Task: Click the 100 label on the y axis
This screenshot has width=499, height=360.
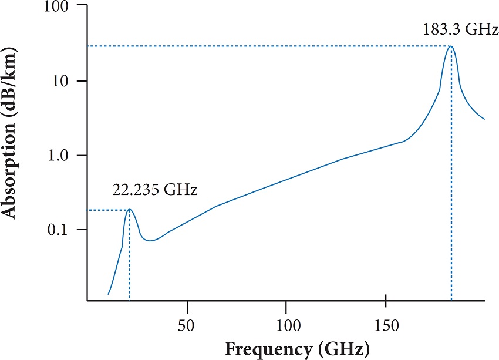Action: click(x=56, y=7)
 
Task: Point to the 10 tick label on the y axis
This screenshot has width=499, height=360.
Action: click(x=61, y=81)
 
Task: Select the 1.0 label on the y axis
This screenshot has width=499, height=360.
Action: click(x=58, y=156)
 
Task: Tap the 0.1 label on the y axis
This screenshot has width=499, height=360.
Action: click(x=58, y=230)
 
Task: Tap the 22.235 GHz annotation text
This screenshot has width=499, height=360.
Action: click(x=154, y=191)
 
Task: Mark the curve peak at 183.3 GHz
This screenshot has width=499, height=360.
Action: click(x=451, y=46)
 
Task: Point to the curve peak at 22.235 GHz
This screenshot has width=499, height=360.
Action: click(x=129, y=210)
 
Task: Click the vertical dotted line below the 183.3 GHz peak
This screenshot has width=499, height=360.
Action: click(x=451, y=176)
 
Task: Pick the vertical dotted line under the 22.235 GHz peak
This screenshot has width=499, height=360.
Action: click(x=129, y=258)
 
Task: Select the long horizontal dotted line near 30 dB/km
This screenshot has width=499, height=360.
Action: click(x=264, y=46)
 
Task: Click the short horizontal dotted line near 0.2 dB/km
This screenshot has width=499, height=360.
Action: click(x=106, y=210)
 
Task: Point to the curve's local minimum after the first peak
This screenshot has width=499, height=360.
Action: click(x=151, y=240)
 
